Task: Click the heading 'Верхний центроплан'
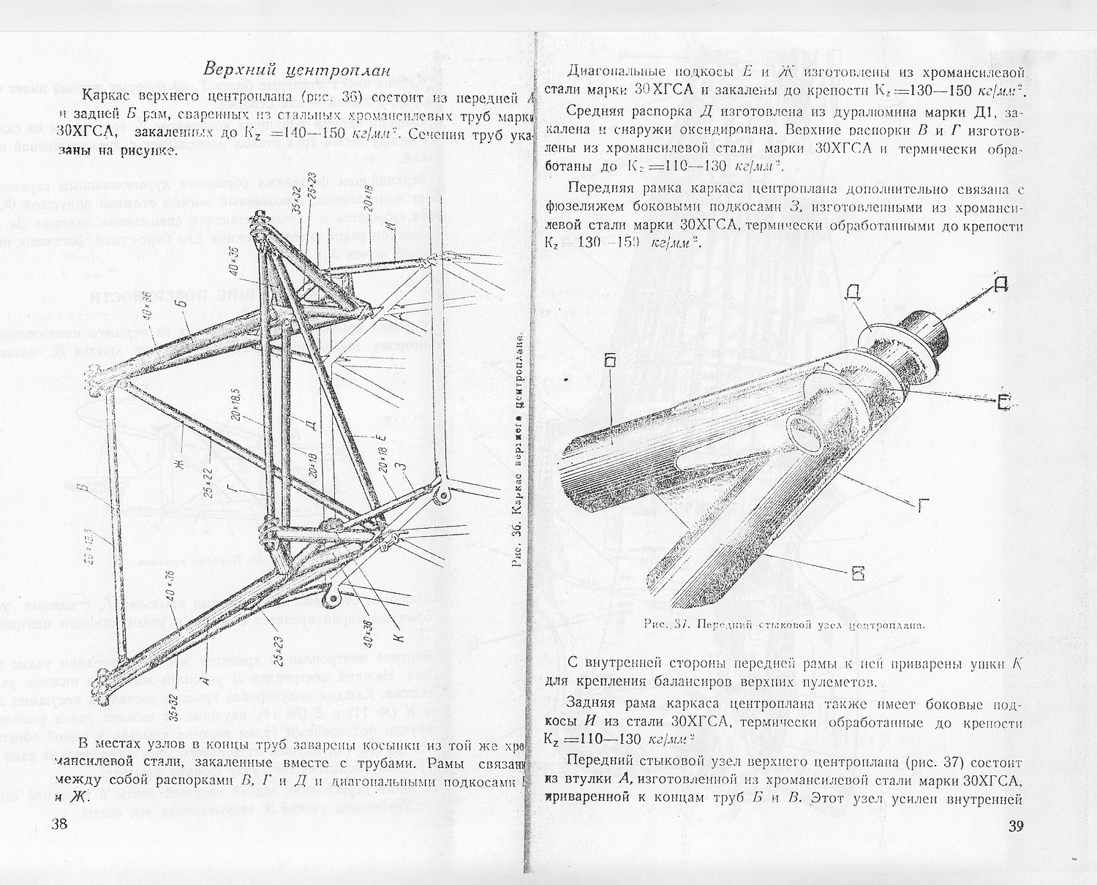(299, 70)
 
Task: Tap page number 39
(1013, 827)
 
